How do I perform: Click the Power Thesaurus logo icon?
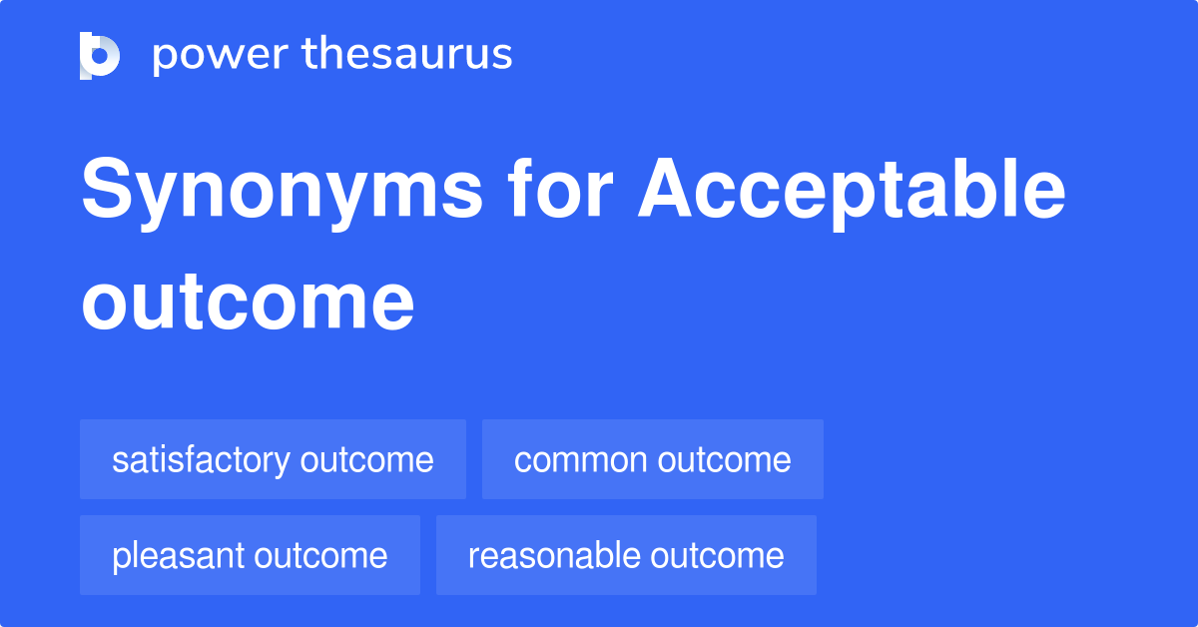point(100,55)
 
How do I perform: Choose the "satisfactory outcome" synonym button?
point(273,459)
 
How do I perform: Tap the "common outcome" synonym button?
point(652,459)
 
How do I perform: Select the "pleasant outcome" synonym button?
point(250,555)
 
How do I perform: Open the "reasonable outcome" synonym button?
point(626,555)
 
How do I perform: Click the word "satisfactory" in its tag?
point(202,459)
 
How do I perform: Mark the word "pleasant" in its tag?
point(179,555)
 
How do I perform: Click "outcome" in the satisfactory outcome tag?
point(366,460)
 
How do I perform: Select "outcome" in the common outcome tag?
point(724,460)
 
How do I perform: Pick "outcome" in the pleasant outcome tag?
point(320,556)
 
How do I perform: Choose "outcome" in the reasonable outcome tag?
point(717,556)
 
